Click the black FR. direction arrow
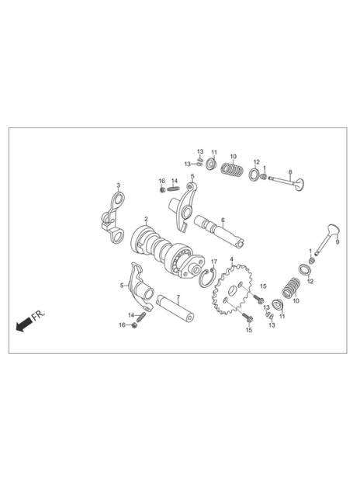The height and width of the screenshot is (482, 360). tap(24, 324)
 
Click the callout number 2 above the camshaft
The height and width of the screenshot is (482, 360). tap(146, 219)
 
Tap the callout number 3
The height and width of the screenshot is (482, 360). tap(118, 185)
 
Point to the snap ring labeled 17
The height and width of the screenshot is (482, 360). tap(206, 278)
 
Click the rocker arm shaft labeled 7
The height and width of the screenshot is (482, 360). tap(175, 308)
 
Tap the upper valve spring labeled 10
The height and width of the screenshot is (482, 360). tap(233, 168)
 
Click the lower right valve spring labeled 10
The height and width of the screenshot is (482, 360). tap(291, 288)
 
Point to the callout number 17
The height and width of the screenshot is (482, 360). tap(214, 262)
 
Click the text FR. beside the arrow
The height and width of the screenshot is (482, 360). tap(38, 316)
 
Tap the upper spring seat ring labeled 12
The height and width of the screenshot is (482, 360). tap(254, 174)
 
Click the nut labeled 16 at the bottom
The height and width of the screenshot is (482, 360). tap(134, 325)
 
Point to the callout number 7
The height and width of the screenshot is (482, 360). tap(178, 297)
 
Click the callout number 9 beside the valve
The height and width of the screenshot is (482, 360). tap(337, 242)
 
